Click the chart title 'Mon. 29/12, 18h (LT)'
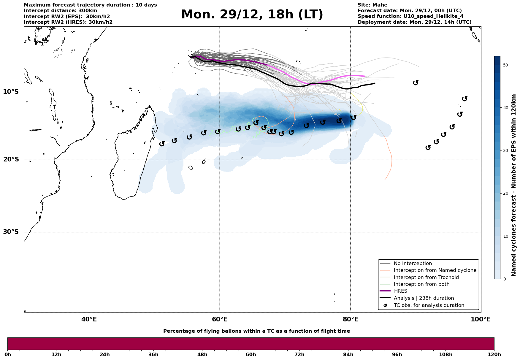coord(252,15)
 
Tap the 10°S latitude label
coord(11,92)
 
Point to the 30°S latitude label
coord(11,232)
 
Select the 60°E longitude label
coord(220,319)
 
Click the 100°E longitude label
coord(481,319)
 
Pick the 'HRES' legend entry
coord(400,291)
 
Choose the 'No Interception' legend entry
coord(413,264)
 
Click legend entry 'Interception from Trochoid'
coord(426,277)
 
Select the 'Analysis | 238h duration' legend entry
coord(424,298)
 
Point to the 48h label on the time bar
coord(202,355)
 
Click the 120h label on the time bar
coord(494,355)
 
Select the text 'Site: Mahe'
coord(372,5)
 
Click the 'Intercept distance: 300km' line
coord(60,11)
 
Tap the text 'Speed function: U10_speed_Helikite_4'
coord(410,16)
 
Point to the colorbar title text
coord(514,185)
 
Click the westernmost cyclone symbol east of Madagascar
coord(162,144)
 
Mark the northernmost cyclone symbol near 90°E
coord(416,83)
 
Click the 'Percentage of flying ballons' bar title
coord(256,331)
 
